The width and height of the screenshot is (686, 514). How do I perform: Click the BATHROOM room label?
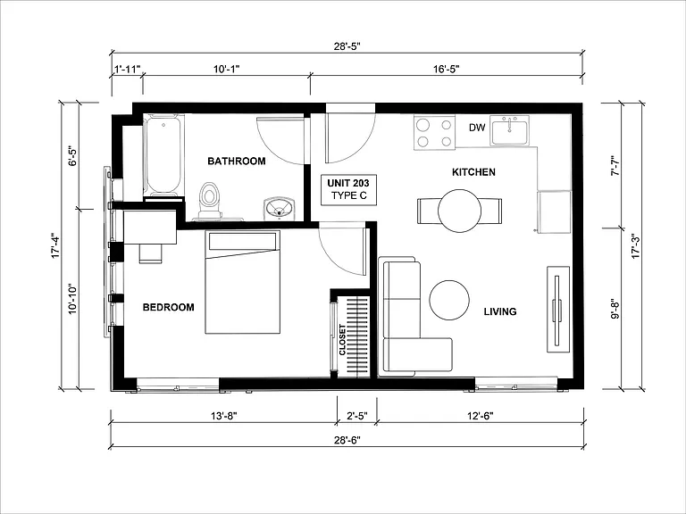(236, 161)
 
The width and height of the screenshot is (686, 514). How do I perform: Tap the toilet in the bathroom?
(210, 200)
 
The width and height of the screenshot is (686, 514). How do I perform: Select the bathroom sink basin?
(280, 208)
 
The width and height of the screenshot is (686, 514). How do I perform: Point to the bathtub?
(163, 155)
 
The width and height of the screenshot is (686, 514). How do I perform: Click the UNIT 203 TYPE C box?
(348, 189)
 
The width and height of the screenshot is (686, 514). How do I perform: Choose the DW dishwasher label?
(477, 128)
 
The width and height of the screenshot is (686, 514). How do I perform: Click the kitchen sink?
(509, 130)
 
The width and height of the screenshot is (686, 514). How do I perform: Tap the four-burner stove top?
(434, 133)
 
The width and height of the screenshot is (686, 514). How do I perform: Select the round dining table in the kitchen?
(459, 211)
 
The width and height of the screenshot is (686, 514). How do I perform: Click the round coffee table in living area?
(449, 300)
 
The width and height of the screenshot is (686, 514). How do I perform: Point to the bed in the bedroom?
(242, 282)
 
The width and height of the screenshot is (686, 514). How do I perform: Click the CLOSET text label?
(342, 340)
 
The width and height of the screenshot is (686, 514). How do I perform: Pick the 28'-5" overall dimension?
(347, 46)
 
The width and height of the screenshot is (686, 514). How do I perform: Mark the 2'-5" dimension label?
(357, 416)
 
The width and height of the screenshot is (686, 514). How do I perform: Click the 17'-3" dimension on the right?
(635, 246)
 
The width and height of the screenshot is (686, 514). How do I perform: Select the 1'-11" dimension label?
(128, 69)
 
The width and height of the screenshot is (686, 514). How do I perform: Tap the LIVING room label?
(500, 311)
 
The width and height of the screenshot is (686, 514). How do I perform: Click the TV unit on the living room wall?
(558, 309)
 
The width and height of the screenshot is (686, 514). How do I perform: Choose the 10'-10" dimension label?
(72, 299)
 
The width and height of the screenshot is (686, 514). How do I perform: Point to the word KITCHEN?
(473, 172)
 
